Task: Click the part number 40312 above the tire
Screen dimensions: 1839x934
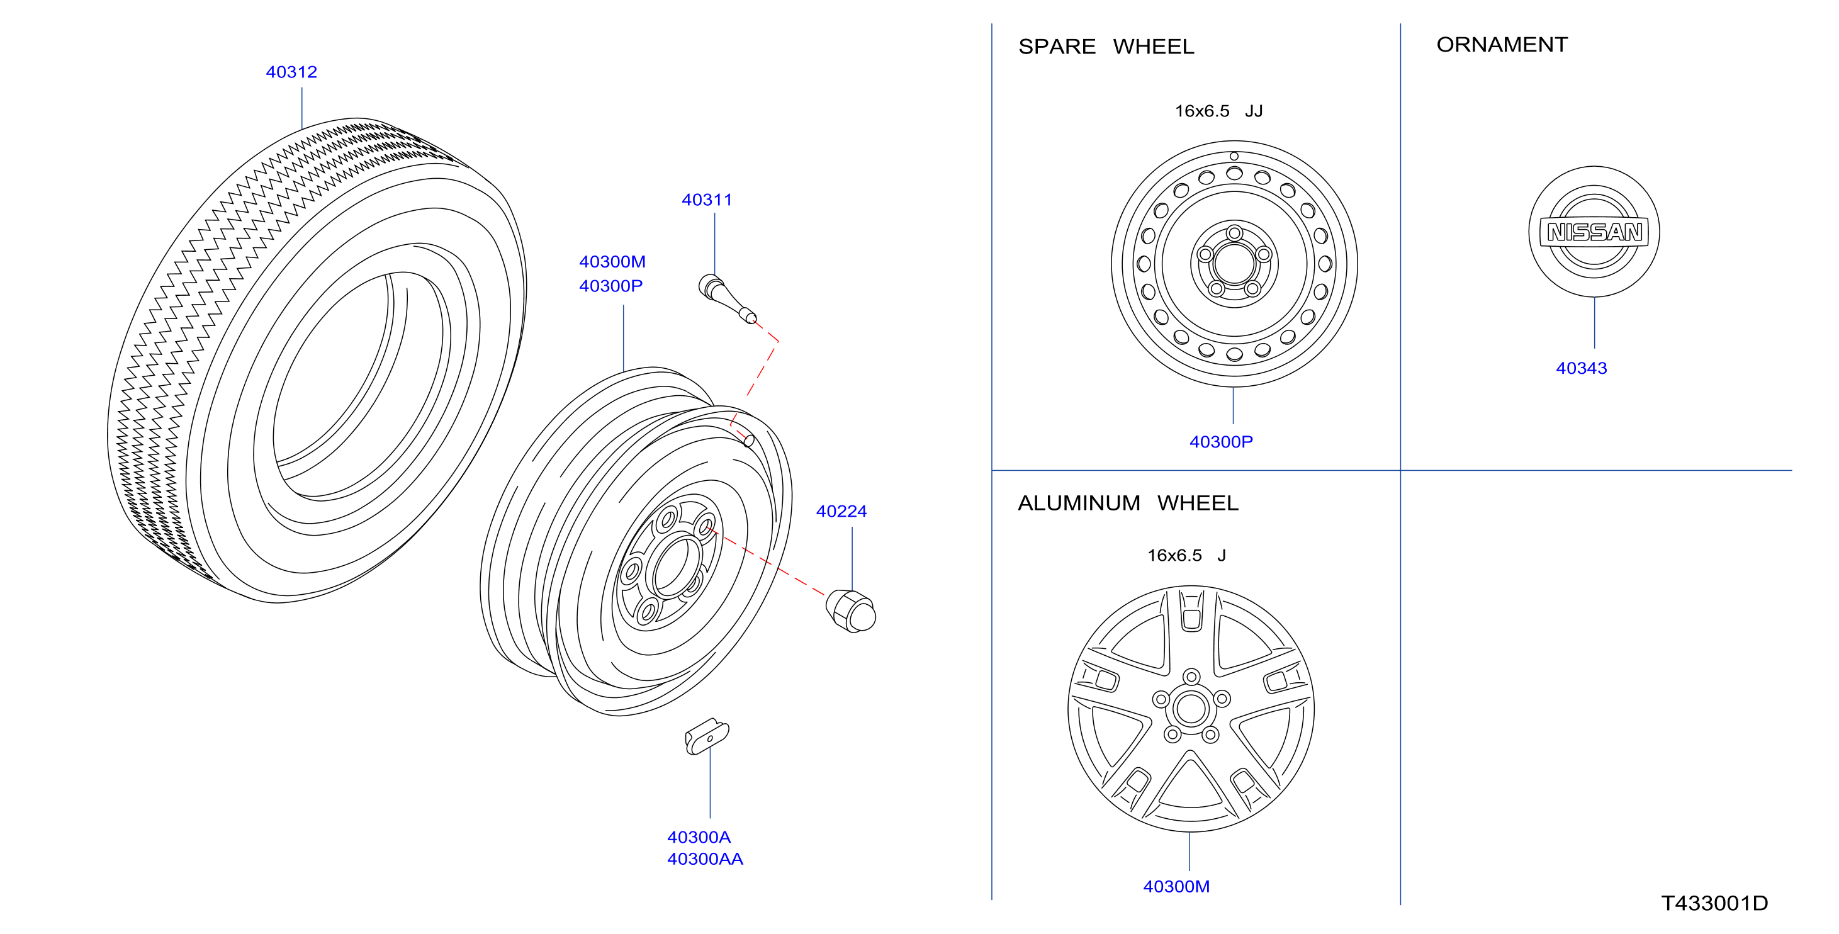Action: pyautogui.click(x=291, y=72)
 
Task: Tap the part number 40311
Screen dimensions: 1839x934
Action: pyautogui.click(x=707, y=200)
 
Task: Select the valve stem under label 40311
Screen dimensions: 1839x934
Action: pyautogui.click(x=727, y=298)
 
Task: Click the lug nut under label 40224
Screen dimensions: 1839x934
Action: pyautogui.click(x=850, y=611)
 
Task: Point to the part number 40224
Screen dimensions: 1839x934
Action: pyautogui.click(x=841, y=511)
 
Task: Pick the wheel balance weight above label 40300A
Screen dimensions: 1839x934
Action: pyautogui.click(x=707, y=736)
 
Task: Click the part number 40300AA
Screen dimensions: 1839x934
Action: pyautogui.click(x=705, y=859)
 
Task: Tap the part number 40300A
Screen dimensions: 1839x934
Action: pyautogui.click(x=698, y=837)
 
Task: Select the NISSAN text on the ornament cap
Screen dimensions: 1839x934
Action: pyautogui.click(x=1594, y=233)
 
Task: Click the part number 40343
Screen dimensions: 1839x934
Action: pyautogui.click(x=1582, y=368)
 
